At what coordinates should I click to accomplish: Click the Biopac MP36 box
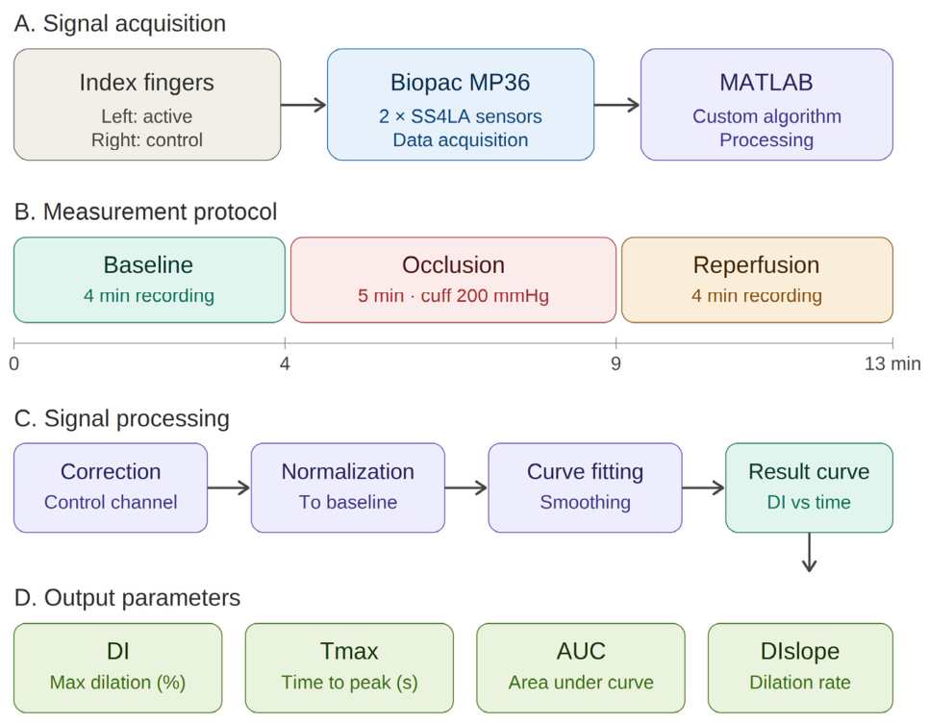pyautogui.click(x=461, y=104)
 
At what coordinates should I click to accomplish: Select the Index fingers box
pyautogui.click(x=147, y=104)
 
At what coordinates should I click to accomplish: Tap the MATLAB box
pyautogui.click(x=766, y=104)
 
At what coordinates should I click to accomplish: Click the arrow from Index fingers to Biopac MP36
pyautogui.click(x=303, y=105)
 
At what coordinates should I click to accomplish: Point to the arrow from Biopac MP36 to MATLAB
pyautogui.click(x=616, y=105)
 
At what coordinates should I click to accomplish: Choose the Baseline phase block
pyautogui.click(x=149, y=280)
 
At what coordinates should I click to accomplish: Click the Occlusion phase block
pyautogui.click(x=453, y=280)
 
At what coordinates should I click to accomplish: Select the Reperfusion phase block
pyautogui.click(x=757, y=280)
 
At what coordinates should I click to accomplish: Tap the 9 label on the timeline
pyautogui.click(x=616, y=363)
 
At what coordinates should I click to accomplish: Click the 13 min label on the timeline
pyautogui.click(x=892, y=363)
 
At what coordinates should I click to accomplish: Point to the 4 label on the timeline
pyautogui.click(x=285, y=363)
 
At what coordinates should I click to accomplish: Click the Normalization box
pyautogui.click(x=348, y=487)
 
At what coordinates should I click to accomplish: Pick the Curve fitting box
pyautogui.click(x=586, y=487)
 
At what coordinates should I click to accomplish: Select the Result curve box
pyautogui.click(x=810, y=487)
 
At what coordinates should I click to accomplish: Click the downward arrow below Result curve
pyautogui.click(x=810, y=552)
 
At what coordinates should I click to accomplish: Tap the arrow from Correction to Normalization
pyautogui.click(x=229, y=487)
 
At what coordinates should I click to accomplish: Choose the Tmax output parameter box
pyautogui.click(x=349, y=667)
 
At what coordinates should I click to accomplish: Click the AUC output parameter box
pyautogui.click(x=581, y=667)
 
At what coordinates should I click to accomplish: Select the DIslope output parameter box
pyautogui.click(x=800, y=667)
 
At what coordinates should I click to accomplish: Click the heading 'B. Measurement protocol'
pyautogui.click(x=145, y=212)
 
